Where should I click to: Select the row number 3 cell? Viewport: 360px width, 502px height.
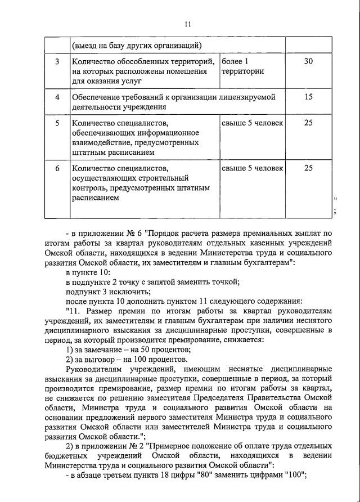tap(57, 61)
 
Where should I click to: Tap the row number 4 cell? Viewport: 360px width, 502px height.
tap(57, 97)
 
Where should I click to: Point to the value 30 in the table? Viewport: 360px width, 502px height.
tap(308, 61)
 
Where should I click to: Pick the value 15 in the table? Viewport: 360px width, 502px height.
tap(308, 97)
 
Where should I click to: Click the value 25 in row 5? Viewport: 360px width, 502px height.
tap(308, 122)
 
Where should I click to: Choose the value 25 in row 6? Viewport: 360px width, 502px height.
tap(308, 168)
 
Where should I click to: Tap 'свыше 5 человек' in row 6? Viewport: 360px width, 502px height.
tap(252, 168)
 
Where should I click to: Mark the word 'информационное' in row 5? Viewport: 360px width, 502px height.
tap(169, 132)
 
